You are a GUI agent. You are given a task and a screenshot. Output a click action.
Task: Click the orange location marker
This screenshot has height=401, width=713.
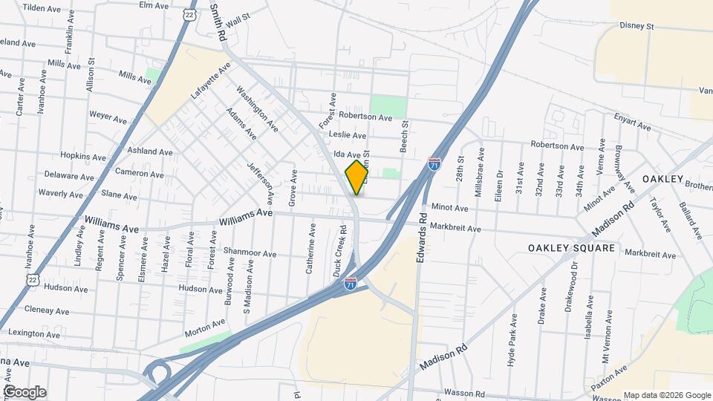pyautogui.click(x=357, y=177)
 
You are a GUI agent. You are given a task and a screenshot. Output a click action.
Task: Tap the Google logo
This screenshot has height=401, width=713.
pyautogui.click(x=24, y=391)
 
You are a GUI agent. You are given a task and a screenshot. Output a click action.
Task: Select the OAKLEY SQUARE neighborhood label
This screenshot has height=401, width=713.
pyautogui.click(x=572, y=247)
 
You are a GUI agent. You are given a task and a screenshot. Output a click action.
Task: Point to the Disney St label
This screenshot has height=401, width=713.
pyautogui.click(x=637, y=26)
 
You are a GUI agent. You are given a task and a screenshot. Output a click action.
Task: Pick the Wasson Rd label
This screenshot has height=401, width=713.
pyautogui.click(x=465, y=393)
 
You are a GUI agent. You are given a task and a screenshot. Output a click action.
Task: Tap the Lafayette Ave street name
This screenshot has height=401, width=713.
pyautogui.click(x=211, y=82)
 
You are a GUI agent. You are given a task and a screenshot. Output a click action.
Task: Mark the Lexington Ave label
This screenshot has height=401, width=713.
pyautogui.click(x=30, y=334)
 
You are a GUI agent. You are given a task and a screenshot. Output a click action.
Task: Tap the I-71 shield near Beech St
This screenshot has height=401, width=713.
pyautogui.click(x=434, y=164)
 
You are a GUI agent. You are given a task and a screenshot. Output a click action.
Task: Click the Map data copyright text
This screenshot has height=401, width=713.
pyautogui.click(x=666, y=395)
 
